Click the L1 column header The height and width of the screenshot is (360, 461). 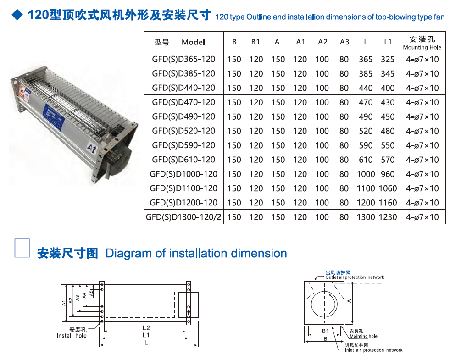click(388, 42)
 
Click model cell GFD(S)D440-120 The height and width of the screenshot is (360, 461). click(183, 88)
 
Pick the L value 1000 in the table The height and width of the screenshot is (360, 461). click(366, 174)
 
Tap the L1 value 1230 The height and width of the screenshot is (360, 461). click(388, 217)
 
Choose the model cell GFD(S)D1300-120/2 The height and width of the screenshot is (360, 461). click(183, 217)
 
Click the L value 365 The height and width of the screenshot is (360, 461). click(366, 59)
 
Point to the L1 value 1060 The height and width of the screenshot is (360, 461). click(388, 188)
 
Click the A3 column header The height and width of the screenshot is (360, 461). click(344, 42)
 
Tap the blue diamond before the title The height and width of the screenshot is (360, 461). click(17, 15)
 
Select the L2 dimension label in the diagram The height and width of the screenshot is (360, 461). click(146, 328)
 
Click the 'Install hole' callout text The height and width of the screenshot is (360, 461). click(72, 336)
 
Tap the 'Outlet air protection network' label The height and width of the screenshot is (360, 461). click(355, 277)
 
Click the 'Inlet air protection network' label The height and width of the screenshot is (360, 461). click(374, 350)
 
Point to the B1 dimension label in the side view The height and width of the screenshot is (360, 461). click(325, 331)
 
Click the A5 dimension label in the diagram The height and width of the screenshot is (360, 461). click(91, 293)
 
